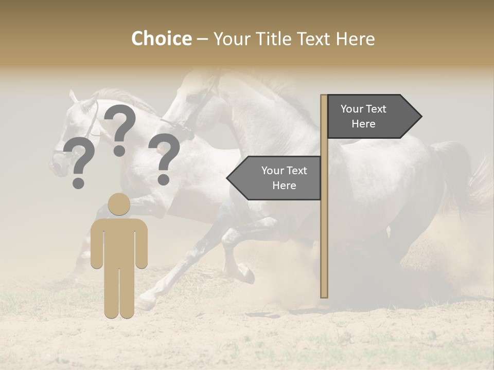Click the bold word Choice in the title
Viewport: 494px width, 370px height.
161,39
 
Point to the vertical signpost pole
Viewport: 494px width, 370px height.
324,231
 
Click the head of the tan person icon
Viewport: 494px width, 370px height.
119,204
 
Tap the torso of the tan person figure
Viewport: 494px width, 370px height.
119,242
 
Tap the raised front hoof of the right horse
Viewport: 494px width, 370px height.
248,275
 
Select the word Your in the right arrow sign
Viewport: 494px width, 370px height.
352,109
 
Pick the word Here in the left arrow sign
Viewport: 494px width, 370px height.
284,186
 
